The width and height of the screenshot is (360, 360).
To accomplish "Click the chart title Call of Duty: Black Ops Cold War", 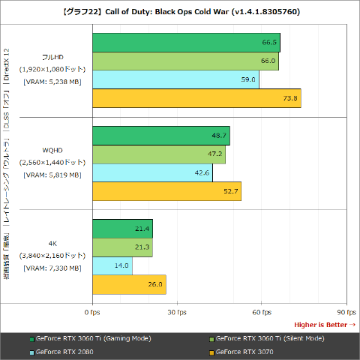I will pos(180,13).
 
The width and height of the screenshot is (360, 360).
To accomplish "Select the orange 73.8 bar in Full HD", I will pos(196,98).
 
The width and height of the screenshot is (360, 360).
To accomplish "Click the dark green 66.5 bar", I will pos(186,43).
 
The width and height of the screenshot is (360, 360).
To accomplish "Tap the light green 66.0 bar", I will pos(185,61).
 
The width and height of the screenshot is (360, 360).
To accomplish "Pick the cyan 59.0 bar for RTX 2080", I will pos(175,79).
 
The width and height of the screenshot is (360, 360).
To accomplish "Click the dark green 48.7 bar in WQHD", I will pos(160,136).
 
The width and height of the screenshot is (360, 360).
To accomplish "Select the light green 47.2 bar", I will pos(158,154).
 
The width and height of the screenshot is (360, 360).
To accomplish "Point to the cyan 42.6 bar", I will pos(152,172).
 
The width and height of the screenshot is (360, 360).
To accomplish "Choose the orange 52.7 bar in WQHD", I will pos(166,191).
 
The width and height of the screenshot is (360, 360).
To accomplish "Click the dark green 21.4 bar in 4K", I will pos(122,229).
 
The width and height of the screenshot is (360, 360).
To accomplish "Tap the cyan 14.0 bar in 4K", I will pos(112,265).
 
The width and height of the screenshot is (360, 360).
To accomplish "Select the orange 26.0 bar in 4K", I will pos(129,284).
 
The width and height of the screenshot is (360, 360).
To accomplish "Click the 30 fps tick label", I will pos(176,311).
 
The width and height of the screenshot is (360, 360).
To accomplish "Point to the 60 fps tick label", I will pos(261,311).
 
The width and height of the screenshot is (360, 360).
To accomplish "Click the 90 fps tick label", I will pos(345,311).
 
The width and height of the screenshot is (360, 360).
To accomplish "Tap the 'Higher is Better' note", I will pos(325,324).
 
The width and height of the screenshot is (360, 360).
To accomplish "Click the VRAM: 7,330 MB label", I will pos(52,268).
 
